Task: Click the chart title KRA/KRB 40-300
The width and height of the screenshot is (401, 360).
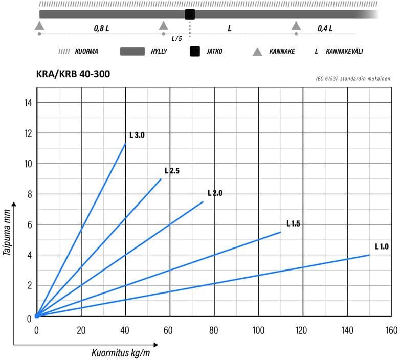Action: [73, 74]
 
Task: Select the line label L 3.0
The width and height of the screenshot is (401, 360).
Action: [137, 136]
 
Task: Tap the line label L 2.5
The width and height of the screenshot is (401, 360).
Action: [172, 171]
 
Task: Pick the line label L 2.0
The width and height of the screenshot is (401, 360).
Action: [215, 193]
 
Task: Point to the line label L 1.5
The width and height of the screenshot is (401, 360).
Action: [293, 223]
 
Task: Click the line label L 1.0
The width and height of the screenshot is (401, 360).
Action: [382, 246]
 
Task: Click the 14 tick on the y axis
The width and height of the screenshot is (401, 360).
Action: [29, 103]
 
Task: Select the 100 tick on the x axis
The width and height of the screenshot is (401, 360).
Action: [258, 330]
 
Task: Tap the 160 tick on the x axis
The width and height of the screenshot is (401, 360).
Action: [391, 330]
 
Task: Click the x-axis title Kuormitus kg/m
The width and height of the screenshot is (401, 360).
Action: [121, 352]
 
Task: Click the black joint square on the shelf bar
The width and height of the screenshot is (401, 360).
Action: [190, 14]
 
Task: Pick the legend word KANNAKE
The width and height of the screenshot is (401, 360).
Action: [281, 52]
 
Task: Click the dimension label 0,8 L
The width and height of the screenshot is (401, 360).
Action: [101, 28]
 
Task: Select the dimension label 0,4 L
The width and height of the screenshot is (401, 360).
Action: [325, 28]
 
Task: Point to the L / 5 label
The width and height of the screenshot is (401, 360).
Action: [176, 39]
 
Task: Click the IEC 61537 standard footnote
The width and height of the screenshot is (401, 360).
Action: [354, 79]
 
